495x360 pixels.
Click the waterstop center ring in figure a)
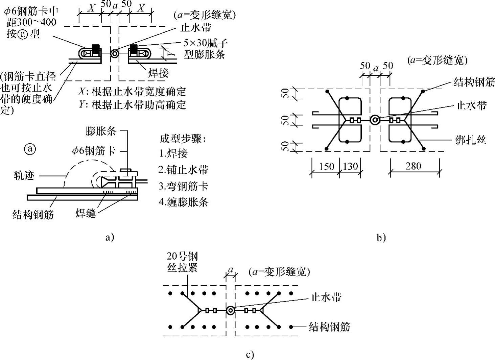tap(114, 53)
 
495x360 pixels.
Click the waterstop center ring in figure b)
tap(375, 120)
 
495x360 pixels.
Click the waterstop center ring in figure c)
tap(230, 311)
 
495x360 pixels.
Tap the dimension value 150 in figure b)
tap(326, 166)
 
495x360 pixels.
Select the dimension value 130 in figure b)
tap(350, 166)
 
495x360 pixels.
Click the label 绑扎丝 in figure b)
tap(470, 140)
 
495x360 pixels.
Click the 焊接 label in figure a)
tap(158, 73)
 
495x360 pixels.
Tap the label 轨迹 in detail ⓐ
tap(24, 176)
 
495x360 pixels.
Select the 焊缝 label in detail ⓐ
tap(86, 213)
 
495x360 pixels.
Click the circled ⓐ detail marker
tap(30, 149)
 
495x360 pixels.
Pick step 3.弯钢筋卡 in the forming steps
tap(183, 186)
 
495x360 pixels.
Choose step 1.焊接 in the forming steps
tap(173, 153)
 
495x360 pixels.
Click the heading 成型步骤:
tap(183, 139)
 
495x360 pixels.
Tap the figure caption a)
tap(109, 237)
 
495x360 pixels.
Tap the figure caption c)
tap(250, 355)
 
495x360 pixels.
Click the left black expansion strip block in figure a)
tap(96, 49)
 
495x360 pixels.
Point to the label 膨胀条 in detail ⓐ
tap(101, 131)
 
